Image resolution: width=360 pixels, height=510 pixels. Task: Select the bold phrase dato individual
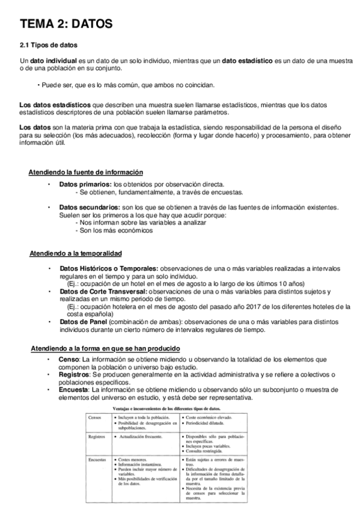(x=53, y=61)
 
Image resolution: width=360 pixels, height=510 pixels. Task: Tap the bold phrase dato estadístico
(x=247, y=61)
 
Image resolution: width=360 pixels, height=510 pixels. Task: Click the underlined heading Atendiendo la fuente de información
(x=85, y=172)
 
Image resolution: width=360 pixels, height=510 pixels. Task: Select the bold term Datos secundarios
(x=89, y=207)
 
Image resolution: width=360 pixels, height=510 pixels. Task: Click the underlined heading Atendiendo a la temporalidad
(x=75, y=253)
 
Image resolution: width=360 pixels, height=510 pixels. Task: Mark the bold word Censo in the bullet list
(x=69, y=360)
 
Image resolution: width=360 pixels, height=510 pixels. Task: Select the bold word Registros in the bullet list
(x=75, y=375)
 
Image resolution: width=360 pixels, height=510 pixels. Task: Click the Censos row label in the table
(x=95, y=417)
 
